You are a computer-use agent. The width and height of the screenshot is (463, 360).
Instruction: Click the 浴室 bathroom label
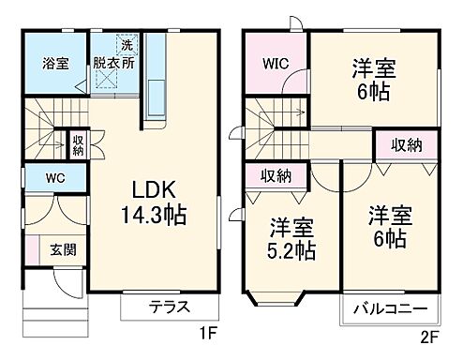pos(53,65)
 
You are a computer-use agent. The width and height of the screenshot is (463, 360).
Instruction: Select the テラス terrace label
pos(170,307)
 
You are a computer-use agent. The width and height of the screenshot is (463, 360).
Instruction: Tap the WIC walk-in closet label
pos(274,67)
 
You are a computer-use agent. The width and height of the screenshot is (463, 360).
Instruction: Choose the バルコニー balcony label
pos(392,308)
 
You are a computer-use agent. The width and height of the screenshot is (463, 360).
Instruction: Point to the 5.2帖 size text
pos(291,250)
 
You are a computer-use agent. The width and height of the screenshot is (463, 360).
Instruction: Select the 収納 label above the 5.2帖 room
pos(276,175)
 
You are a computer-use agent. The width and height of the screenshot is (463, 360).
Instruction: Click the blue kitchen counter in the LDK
pos(153,84)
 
